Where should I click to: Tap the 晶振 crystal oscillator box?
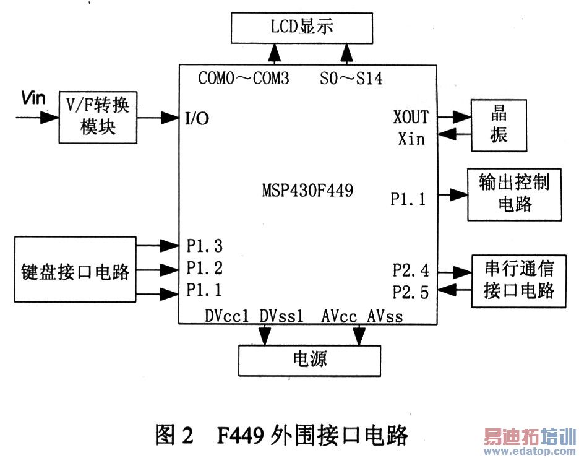coord(499,124)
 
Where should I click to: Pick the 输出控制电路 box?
coord(514,194)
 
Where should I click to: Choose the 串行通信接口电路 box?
coord(518,280)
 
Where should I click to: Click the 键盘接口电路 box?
coord(74,269)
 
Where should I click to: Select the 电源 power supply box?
coord(309,359)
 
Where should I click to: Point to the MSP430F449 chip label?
coord(307,191)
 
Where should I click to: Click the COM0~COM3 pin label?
coord(243,79)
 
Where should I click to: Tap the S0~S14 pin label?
coord(351,79)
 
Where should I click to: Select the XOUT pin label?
coord(411,116)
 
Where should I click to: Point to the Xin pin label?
coord(411,138)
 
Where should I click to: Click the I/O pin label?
coord(197,118)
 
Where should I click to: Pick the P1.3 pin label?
coord(204,246)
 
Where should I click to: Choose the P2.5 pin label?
coord(410,292)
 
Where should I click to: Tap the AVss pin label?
coord(384,316)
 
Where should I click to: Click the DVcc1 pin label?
coord(226,316)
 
